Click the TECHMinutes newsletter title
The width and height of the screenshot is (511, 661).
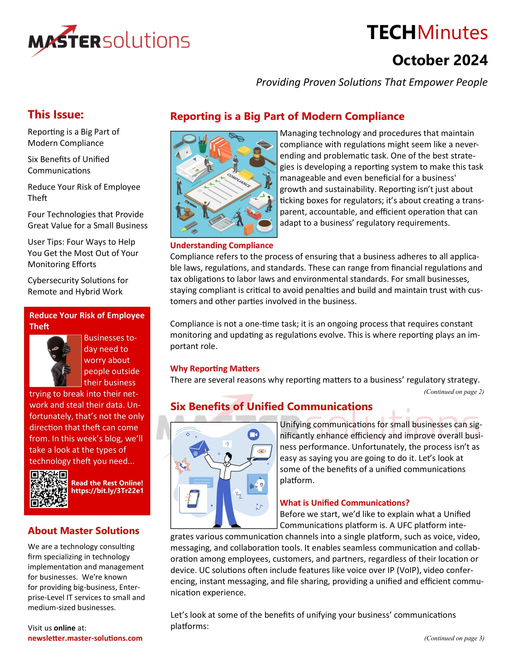[427, 33]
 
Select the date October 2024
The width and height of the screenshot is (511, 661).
[439, 60]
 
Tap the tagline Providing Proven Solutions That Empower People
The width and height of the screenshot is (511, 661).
[372, 82]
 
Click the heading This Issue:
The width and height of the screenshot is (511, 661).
[56, 115]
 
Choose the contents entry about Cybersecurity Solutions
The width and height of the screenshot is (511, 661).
[78, 286]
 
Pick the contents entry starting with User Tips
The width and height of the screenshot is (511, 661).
[83, 253]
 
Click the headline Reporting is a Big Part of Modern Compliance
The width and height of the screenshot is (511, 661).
[287, 117]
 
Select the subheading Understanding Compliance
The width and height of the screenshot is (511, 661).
[221, 245]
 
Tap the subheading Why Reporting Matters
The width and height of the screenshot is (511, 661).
[215, 369]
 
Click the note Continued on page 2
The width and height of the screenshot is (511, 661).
[454, 392]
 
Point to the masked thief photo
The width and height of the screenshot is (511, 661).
[56, 361]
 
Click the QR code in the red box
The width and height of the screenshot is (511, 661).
[49, 489]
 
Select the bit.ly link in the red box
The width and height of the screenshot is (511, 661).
[107, 491]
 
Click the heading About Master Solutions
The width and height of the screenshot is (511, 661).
[84, 531]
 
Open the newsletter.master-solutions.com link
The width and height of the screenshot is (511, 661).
[85, 638]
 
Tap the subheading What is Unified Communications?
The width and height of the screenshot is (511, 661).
[344, 503]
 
